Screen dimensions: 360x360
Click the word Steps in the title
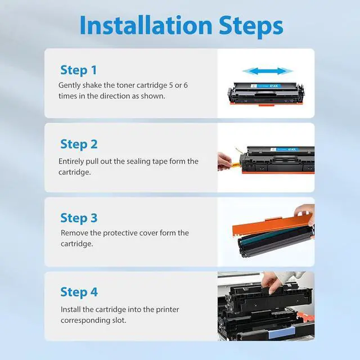(x=251, y=26)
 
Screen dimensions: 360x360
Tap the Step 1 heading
(x=79, y=70)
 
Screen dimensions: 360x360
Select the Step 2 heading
(x=79, y=144)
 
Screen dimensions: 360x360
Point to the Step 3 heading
(x=79, y=218)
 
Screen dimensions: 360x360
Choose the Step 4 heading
(x=79, y=292)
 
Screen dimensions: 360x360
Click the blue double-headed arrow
(x=268, y=71)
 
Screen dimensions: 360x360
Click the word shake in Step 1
(x=92, y=85)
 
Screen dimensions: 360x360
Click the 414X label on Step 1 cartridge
(x=274, y=86)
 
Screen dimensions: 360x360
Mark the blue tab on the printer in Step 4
(x=281, y=333)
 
